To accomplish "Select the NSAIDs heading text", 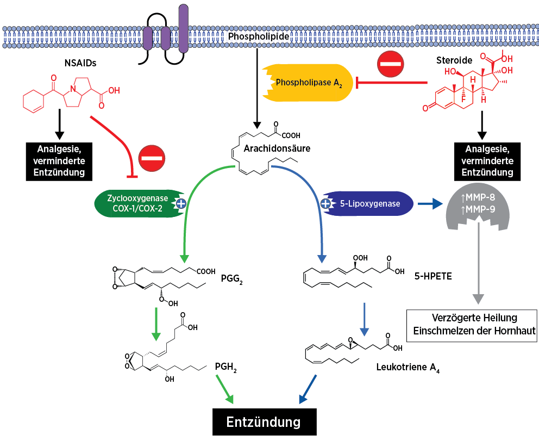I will point(80,64).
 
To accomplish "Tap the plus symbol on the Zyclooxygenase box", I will point(181,204).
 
